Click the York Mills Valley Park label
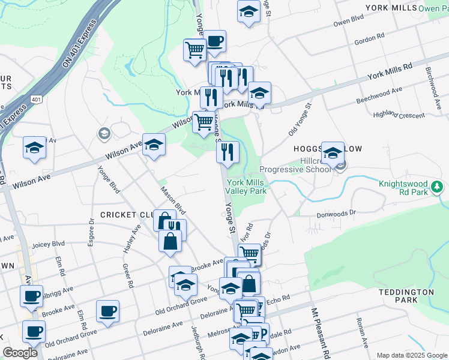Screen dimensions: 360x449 click(246, 187)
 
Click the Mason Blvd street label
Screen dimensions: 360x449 click(173, 201)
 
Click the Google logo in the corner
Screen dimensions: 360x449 click(20, 353)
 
